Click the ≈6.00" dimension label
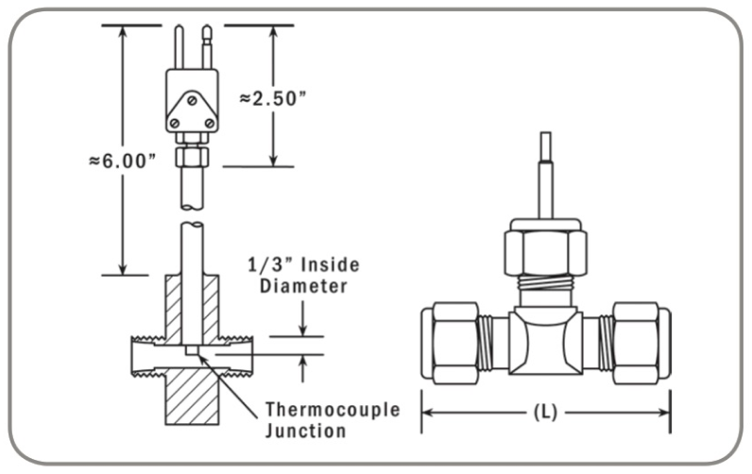117,161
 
